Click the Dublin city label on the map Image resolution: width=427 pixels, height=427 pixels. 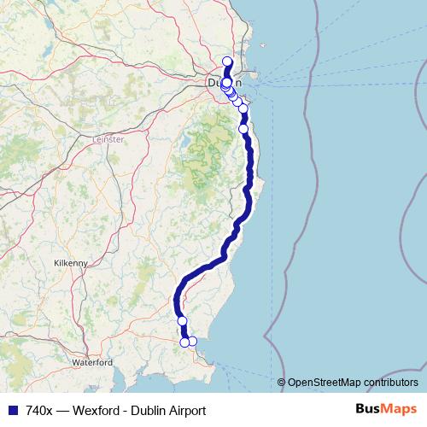click(225, 84)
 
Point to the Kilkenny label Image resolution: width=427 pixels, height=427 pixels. click(70, 264)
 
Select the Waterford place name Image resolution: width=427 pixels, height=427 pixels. click(92, 362)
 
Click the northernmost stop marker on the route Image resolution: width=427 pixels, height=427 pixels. click(227, 61)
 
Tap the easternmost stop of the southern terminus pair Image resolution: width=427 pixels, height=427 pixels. click(192, 342)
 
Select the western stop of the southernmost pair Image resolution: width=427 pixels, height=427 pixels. click(184, 342)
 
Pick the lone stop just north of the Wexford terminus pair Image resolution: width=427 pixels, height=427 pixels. click(182, 321)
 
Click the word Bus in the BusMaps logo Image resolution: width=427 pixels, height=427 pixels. click(369, 410)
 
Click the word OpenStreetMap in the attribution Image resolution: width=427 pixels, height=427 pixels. click(325, 382)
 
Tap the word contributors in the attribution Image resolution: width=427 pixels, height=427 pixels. click(391, 382)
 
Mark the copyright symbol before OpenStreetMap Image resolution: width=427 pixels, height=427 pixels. click(282, 382)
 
